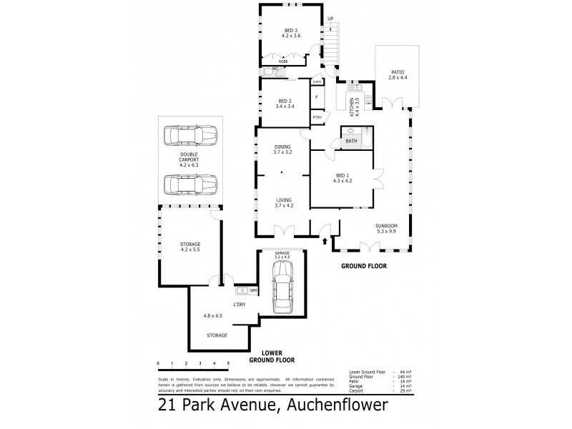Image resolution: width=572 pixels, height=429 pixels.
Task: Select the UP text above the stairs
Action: coord(330,19)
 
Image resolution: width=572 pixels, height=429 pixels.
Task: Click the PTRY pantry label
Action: coord(317,117)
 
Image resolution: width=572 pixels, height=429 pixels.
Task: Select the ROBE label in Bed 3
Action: coord(283,62)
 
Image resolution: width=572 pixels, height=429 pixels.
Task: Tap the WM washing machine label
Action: coord(253,290)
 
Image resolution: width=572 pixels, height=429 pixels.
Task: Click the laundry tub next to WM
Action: coord(241,290)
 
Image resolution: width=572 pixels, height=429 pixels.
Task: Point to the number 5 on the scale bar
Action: coord(227,364)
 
